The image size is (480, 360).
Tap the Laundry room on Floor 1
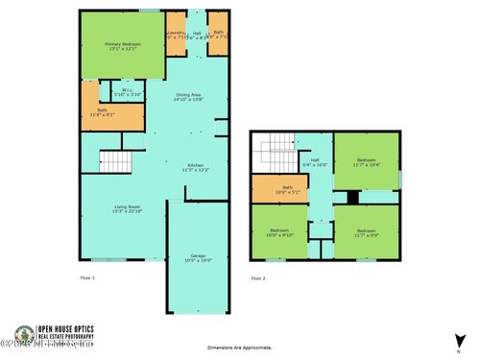point(176,35)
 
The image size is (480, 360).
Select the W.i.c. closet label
point(127,94)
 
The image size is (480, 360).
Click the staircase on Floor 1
point(114,162)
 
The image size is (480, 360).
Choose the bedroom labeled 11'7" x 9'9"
point(367,232)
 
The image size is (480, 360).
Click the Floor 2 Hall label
point(315,163)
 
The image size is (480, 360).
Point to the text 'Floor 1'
point(87,278)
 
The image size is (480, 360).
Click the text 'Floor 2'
point(257,278)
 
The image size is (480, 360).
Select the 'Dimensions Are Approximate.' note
point(240,348)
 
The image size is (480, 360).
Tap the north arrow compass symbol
point(460,329)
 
